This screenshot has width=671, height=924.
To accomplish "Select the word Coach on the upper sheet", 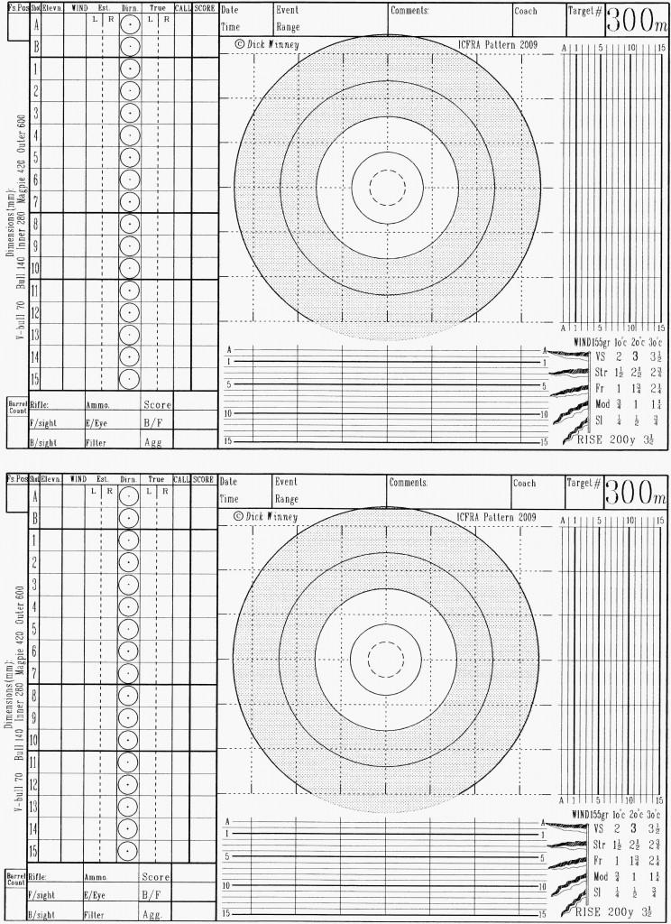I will point(525,11).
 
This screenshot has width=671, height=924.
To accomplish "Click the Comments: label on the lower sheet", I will point(409,483).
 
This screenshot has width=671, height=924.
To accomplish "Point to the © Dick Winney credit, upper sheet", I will point(267,43).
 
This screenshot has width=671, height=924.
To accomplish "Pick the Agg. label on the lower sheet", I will point(154,914).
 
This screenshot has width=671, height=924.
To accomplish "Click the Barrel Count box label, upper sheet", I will point(16,405).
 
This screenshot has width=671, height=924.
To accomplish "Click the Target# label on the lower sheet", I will point(584,484).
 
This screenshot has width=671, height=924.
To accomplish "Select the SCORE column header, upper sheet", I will point(204,8).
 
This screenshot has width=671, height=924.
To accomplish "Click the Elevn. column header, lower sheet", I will point(51,480).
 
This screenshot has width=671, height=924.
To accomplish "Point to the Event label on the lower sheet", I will point(286,483).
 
